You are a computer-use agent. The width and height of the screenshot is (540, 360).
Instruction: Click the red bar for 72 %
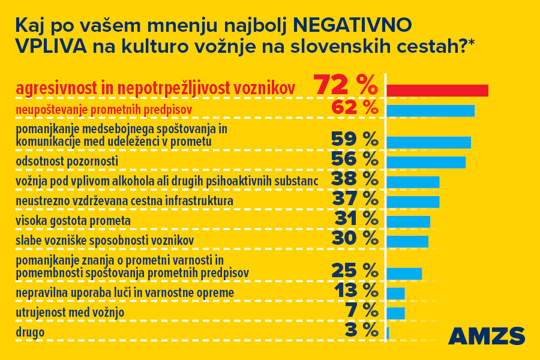click(437, 91)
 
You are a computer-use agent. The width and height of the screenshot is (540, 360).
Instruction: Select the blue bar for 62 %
click(430, 111)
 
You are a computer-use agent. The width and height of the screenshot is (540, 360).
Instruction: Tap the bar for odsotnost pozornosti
click(426, 163)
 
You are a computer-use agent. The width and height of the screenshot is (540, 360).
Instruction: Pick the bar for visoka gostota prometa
click(408, 221)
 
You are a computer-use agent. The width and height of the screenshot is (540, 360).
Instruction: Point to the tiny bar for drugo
click(388, 333)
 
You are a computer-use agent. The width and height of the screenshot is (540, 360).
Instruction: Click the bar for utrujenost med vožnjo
click(395, 313)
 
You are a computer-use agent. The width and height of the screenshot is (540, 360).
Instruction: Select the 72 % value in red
click(346, 86)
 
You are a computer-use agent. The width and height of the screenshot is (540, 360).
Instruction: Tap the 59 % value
click(355, 139)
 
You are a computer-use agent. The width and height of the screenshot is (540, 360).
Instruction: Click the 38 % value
click(355, 178)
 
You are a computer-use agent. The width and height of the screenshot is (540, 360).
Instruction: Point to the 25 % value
click(355, 271)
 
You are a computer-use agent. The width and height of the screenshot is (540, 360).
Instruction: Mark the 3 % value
click(362, 329)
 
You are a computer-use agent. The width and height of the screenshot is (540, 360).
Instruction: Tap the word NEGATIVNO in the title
click(352, 25)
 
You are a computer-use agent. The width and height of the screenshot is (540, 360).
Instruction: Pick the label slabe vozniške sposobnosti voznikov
click(104, 241)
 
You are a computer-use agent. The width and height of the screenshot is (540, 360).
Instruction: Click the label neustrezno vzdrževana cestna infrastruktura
click(124, 200)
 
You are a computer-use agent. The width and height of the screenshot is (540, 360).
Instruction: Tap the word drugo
click(30, 332)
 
